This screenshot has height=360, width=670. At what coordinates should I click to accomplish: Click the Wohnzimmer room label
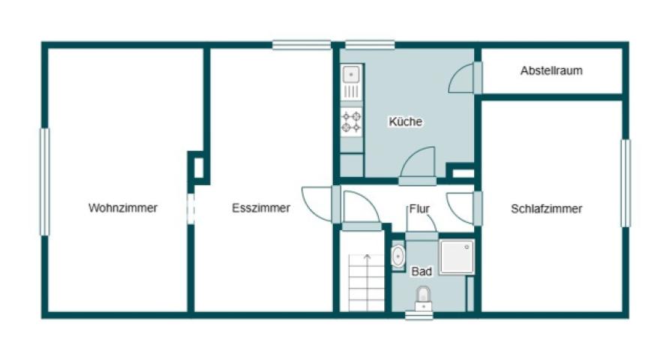coord(123,208)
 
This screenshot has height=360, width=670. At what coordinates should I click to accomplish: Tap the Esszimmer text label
coord(261,208)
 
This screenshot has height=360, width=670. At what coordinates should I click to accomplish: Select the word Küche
coord(405,121)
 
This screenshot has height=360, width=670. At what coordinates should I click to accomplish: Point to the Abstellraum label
coord(551,70)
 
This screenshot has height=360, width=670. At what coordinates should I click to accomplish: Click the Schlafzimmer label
coord(546,208)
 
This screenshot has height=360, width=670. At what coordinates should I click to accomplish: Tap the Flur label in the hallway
coord(419,208)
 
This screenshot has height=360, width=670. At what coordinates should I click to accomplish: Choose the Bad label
coord(422,271)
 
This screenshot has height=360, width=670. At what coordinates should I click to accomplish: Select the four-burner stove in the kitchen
coord(351,121)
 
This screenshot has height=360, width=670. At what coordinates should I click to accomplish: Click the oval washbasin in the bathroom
coord(398,256)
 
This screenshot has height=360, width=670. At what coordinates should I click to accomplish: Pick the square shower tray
coord(457,256)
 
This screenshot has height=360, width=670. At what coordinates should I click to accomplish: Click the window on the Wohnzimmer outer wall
coord(45,182)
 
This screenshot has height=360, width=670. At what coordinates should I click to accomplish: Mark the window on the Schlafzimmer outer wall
coord(625,183)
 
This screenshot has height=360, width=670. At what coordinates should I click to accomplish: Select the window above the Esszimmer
coord(302,45)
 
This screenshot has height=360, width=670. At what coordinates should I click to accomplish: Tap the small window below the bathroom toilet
coord(419,316)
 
